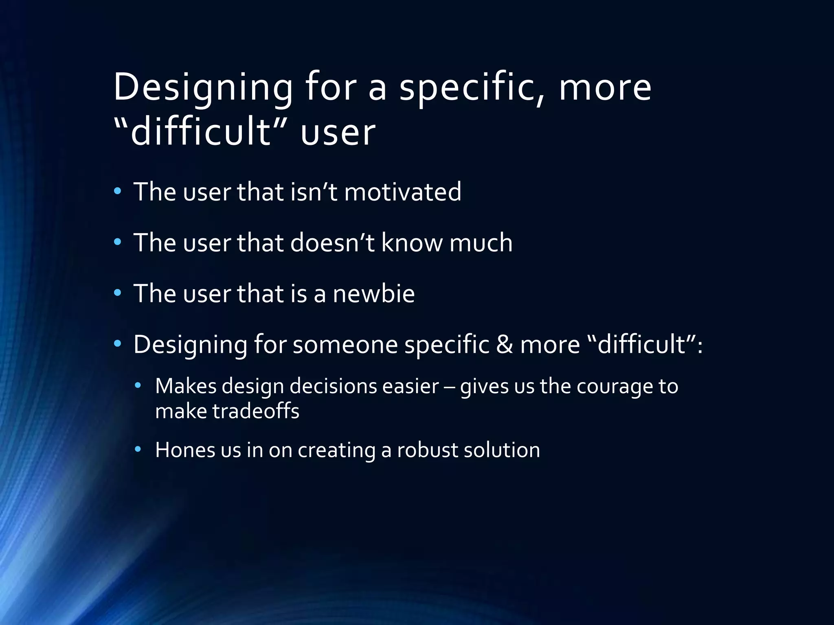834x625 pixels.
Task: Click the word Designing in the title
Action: click(x=202, y=87)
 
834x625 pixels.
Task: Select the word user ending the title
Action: click(x=337, y=132)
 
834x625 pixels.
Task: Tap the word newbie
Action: click(x=373, y=293)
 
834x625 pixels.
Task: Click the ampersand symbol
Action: click(x=504, y=344)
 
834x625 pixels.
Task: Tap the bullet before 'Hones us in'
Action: click(x=138, y=450)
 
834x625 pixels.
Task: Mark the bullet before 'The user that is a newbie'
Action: click(x=118, y=293)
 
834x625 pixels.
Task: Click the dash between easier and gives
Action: click(x=450, y=387)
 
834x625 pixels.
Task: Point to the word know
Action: click(x=412, y=243)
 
